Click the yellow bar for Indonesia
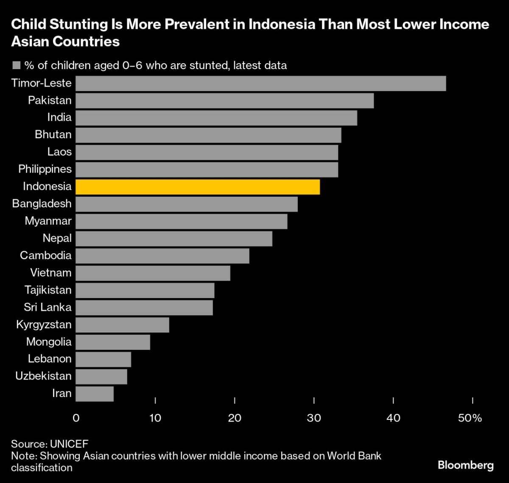(198, 187)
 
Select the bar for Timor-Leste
(261, 83)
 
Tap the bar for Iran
(95, 394)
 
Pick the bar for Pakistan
(225, 101)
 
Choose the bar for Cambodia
(162, 256)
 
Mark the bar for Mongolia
(113, 342)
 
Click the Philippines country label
(45, 169)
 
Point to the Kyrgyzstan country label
(44, 325)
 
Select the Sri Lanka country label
(48, 307)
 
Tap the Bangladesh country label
(42, 204)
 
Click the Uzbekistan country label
(43, 376)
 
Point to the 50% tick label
(470, 418)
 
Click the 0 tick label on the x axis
(76, 418)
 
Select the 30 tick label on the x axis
(314, 418)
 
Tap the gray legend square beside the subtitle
(17, 65)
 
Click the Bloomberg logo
(465, 465)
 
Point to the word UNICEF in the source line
(69, 444)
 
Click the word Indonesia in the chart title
(281, 24)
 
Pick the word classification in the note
(42, 468)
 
